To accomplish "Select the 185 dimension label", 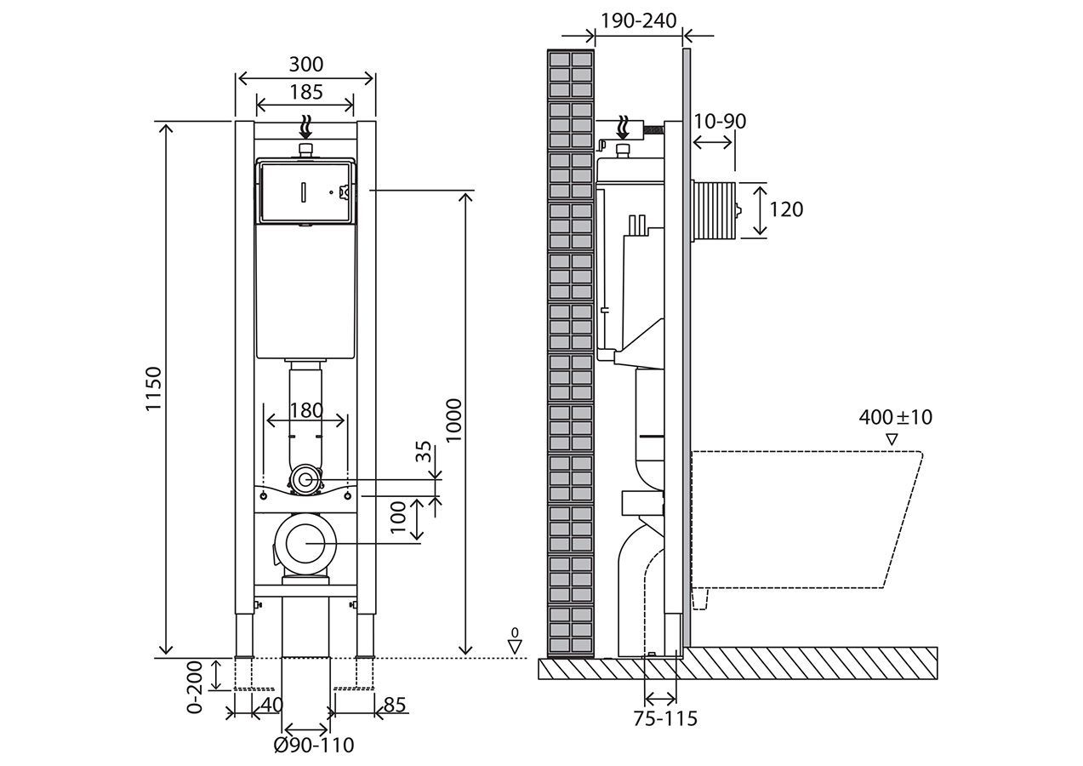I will click(x=305, y=91).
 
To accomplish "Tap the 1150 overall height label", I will click(x=153, y=390).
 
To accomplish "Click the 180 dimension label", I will click(x=305, y=410).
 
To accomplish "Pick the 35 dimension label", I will click(x=423, y=452).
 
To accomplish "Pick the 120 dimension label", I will click(x=785, y=209).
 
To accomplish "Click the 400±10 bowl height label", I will click(x=895, y=417).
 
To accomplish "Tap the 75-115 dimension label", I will click(x=664, y=718).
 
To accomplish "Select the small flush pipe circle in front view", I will click(x=305, y=480).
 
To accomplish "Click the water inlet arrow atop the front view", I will click(x=305, y=129).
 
